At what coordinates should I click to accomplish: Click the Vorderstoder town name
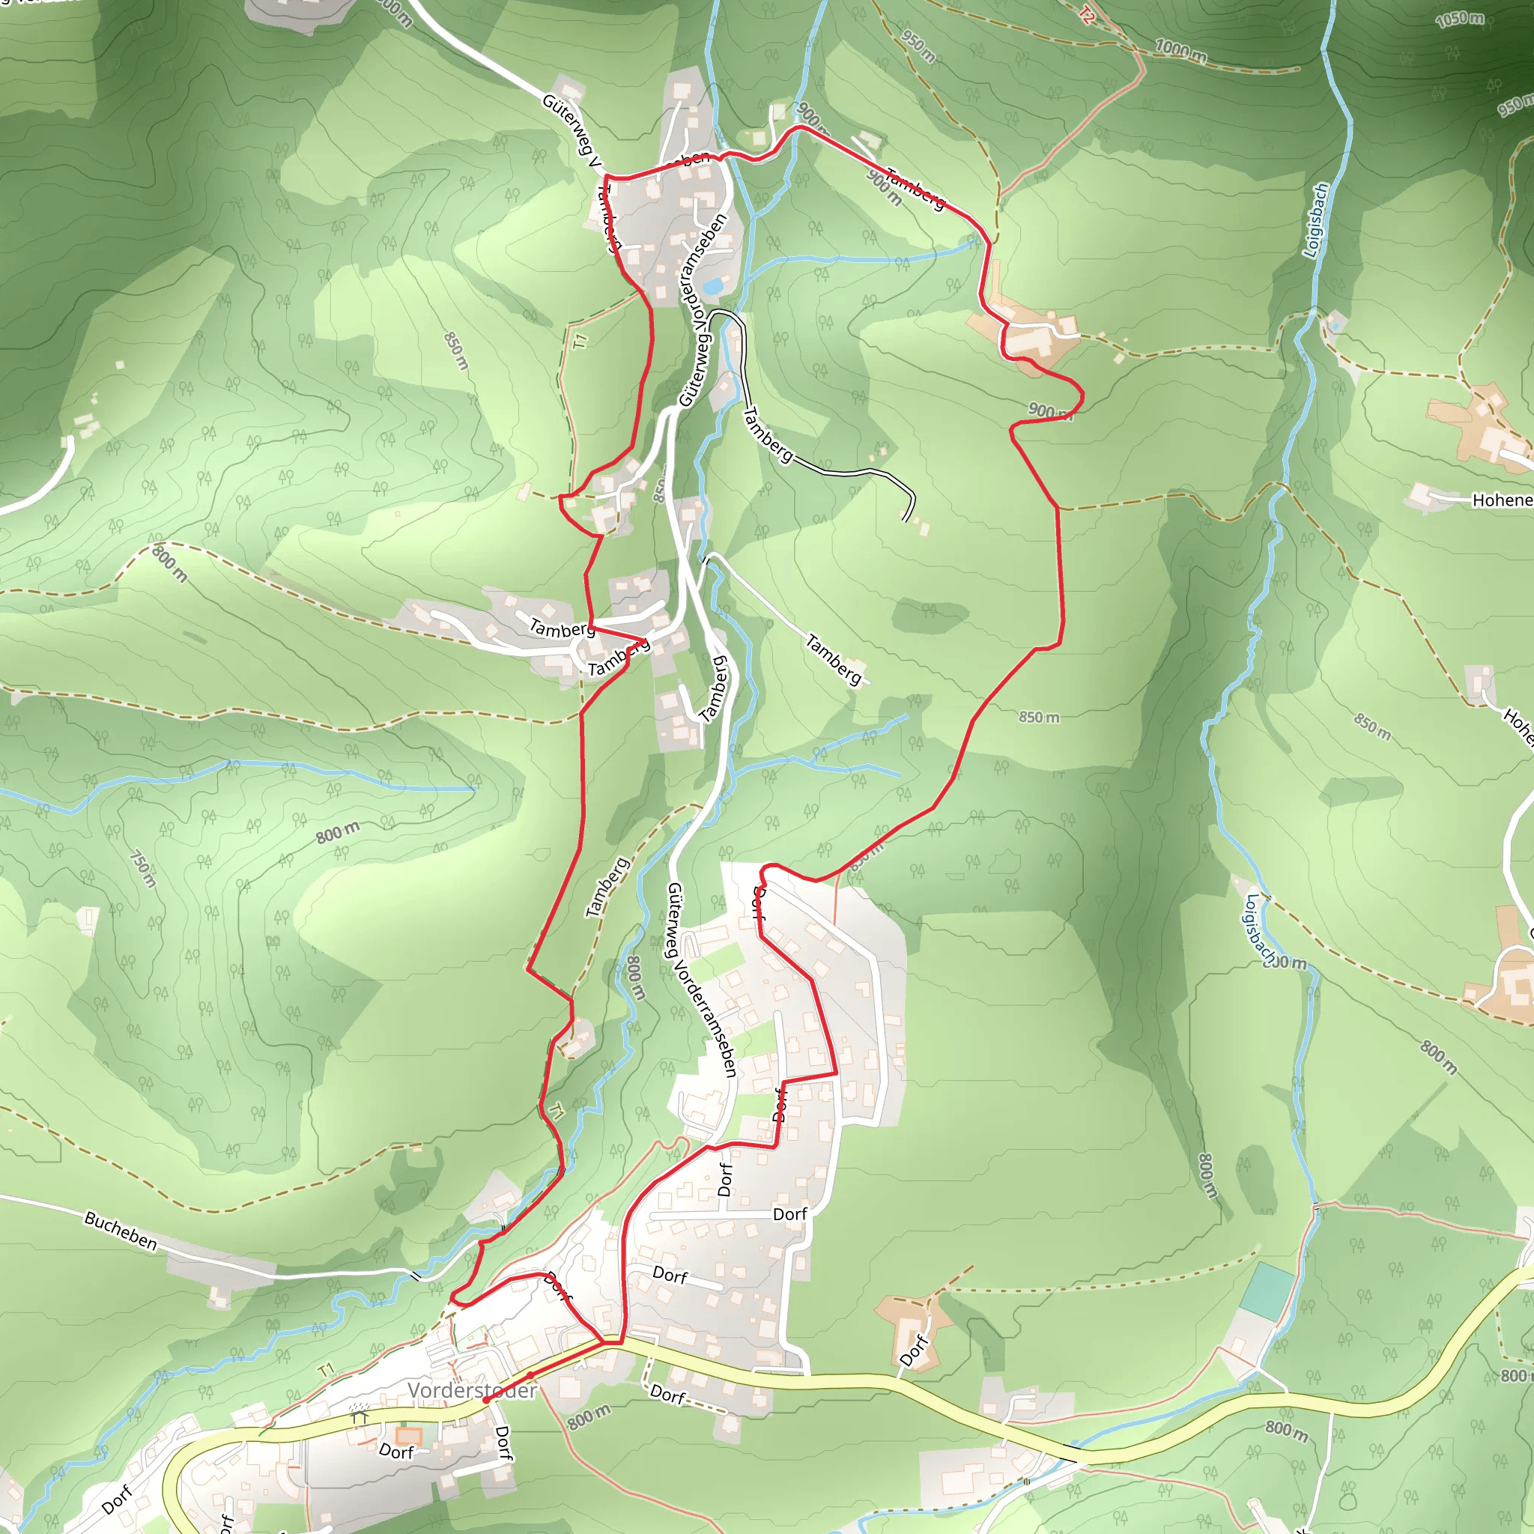coord(472,1390)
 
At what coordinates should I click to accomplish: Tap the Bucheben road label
coord(121,1231)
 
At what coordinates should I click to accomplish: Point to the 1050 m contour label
coord(1459,19)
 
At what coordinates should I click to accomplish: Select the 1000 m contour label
coord(1180,51)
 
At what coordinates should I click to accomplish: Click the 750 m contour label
coord(143,869)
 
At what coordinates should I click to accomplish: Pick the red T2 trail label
coord(1087,15)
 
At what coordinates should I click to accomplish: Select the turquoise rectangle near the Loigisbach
coord(1270,1291)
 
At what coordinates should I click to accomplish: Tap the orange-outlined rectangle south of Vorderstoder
coord(408,1434)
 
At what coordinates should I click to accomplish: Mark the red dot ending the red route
coord(486,1401)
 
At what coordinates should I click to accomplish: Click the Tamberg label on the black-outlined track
coord(767,434)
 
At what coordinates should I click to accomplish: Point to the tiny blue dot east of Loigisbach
coord(1336,326)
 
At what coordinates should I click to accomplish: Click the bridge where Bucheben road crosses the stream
coord(416,1276)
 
